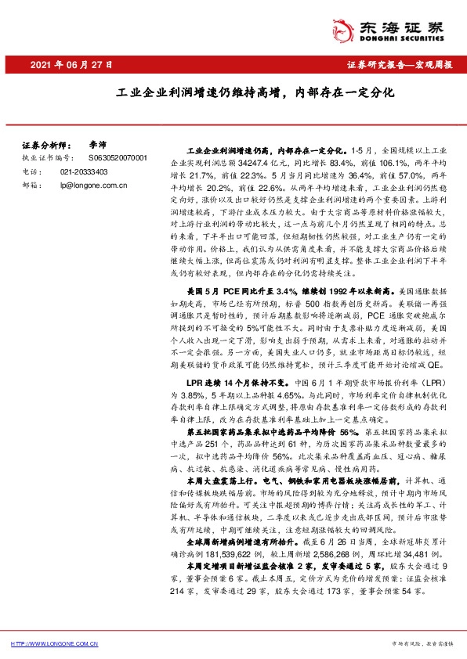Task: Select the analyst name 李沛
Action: click(x=98, y=146)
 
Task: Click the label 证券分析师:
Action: click(x=45, y=146)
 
